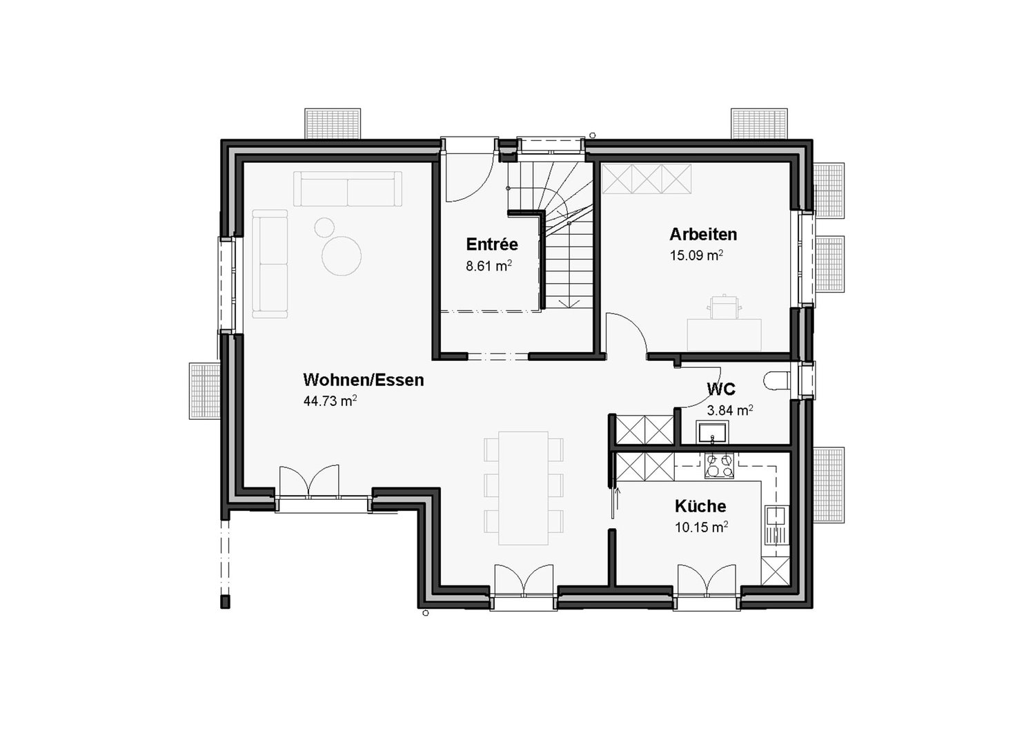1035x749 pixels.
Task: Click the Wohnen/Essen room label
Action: pos(363,380)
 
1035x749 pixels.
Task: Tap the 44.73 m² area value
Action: pos(330,401)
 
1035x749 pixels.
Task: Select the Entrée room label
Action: pos(491,244)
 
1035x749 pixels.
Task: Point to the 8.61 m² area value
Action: pos(489,266)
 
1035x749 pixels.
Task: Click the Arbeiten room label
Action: pos(702,234)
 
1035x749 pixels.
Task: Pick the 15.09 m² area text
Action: pos(696,255)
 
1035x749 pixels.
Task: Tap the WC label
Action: pos(720,389)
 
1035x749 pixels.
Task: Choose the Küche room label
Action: pos(700,506)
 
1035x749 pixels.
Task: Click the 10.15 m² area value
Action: pos(701,527)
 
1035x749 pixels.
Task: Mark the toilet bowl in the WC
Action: pos(778,381)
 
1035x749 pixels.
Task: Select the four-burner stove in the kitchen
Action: pos(720,466)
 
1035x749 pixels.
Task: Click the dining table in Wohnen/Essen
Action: pos(523,487)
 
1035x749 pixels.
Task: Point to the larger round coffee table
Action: pos(341,256)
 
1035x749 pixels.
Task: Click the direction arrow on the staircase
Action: pos(569,302)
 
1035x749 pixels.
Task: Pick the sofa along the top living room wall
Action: pos(348,189)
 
